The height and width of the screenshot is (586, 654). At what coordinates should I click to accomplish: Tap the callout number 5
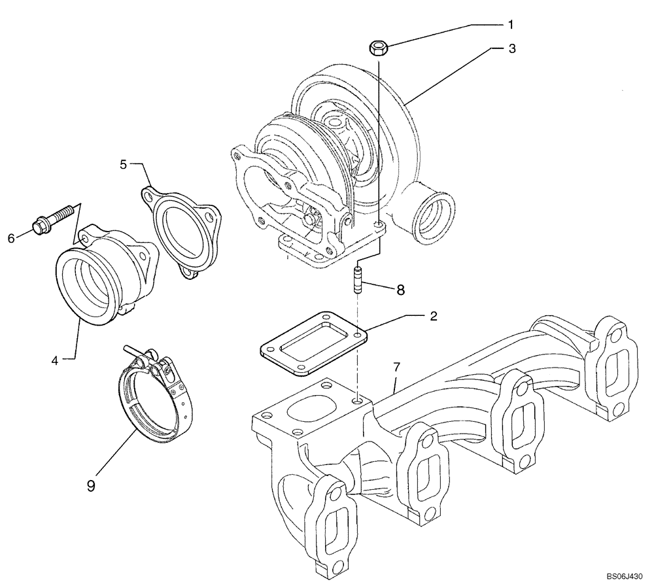(x=123, y=164)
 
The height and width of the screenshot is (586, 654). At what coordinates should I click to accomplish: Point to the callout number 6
(x=11, y=239)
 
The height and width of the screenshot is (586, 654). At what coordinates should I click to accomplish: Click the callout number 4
(x=56, y=359)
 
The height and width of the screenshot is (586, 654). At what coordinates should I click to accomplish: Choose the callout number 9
(x=91, y=485)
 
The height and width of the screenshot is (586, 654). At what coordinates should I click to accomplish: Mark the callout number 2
(x=432, y=315)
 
